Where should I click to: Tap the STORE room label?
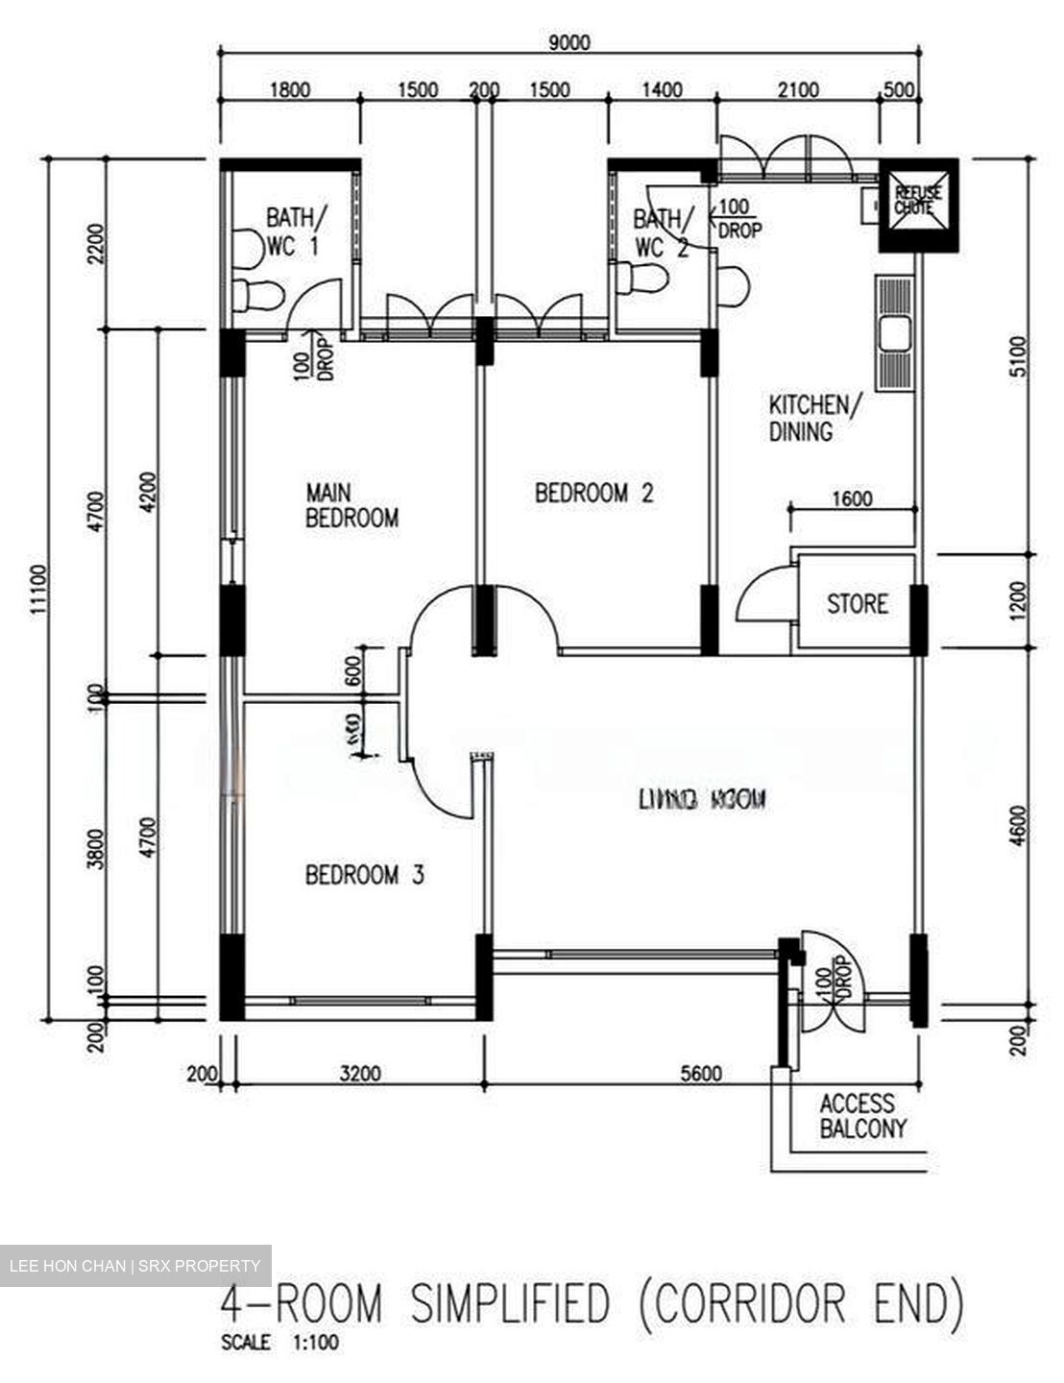tap(857, 604)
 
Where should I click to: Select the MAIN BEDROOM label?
tap(351, 506)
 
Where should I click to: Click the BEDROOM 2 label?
tap(593, 494)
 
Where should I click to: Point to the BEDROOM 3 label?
tap(364, 875)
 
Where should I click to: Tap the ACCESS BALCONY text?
tap(862, 1116)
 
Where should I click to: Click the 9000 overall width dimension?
tap(568, 43)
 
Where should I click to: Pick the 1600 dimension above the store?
tap(851, 499)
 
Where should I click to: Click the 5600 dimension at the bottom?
tap(700, 1074)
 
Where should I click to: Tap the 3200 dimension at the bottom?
tap(360, 1074)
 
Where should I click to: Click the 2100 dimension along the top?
tap(798, 90)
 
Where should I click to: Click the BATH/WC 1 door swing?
tap(315, 305)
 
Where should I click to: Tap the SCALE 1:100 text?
tap(279, 1343)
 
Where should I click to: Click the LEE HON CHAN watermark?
tap(134, 1266)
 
